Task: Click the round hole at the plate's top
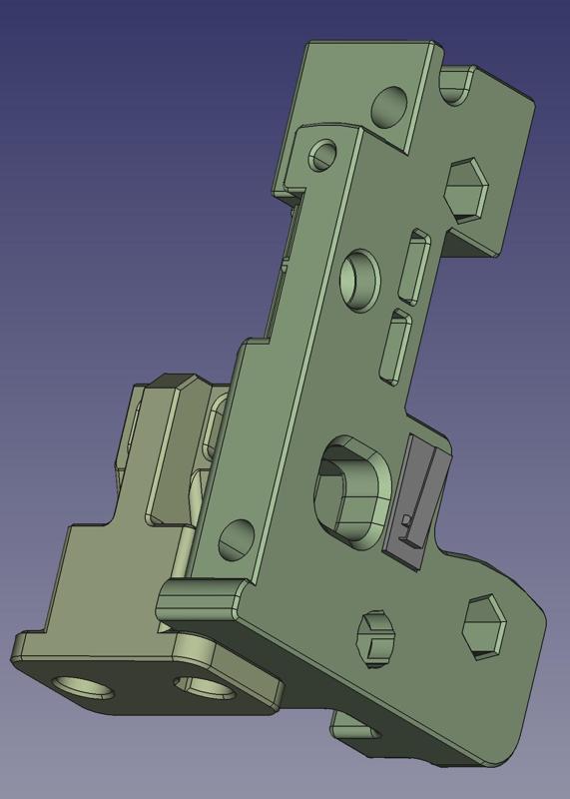tap(389, 105)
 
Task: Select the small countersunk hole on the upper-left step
tap(322, 156)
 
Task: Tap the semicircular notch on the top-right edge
tap(455, 87)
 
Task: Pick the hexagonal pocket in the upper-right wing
tap(465, 190)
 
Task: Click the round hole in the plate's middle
tap(359, 277)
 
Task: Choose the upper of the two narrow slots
tap(414, 268)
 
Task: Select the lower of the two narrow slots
tap(396, 347)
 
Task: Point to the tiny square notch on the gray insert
tap(404, 520)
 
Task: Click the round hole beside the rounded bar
tap(237, 539)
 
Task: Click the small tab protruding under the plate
tap(354, 727)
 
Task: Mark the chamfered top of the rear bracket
tap(177, 384)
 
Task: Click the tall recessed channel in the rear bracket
tap(165, 454)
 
